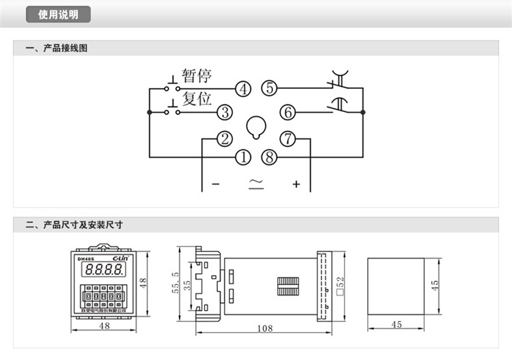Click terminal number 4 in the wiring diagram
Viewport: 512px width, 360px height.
tap(242, 88)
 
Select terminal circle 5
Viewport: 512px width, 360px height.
tap(270, 87)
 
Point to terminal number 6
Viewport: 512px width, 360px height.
tap(288, 112)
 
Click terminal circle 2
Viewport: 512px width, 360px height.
tap(225, 139)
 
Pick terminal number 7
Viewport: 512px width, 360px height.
tap(288, 139)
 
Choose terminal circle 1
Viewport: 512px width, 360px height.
tap(243, 157)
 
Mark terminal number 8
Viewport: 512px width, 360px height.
tap(270, 157)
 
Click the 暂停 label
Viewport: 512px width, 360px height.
tap(197, 76)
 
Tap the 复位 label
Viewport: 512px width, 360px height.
tap(197, 99)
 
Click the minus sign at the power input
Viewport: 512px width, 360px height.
tap(215, 184)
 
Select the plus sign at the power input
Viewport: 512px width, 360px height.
tap(296, 184)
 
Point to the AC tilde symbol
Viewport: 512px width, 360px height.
tap(256, 183)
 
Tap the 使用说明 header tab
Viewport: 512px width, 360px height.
tap(58, 14)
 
